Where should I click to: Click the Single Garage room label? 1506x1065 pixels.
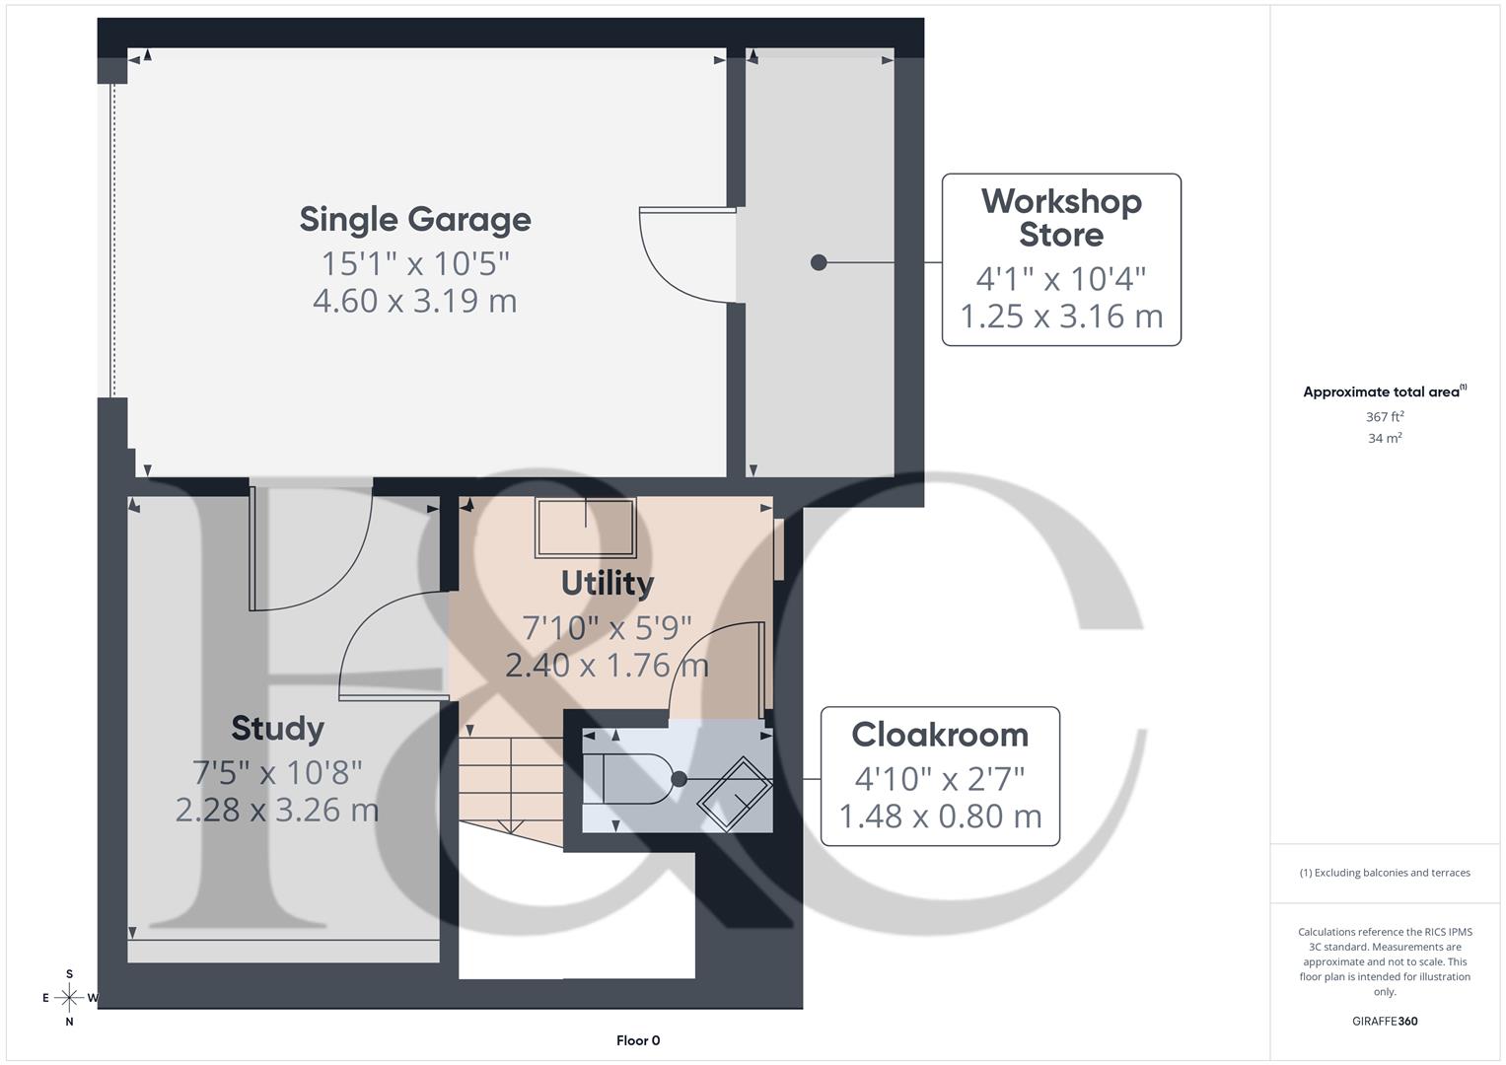(415, 219)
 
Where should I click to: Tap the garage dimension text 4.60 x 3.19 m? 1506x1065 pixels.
(415, 301)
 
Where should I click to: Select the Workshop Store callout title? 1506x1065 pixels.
(1061, 218)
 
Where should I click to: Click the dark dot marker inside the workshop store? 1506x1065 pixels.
(819, 262)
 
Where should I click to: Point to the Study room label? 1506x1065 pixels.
(277, 729)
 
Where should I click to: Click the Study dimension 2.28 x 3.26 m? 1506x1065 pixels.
(277, 810)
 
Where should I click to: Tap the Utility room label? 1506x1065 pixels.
(608, 583)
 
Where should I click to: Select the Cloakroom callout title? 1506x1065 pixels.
(940, 735)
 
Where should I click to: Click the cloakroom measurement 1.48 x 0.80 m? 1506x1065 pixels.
(940, 816)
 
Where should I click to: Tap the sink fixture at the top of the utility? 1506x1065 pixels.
(585, 527)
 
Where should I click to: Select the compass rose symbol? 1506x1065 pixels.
(69, 998)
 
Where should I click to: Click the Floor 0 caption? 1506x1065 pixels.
(638, 1040)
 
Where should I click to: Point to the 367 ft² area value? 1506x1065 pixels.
(1385, 417)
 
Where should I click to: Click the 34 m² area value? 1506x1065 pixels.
(1385, 439)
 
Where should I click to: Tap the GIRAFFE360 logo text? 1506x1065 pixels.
(1385, 1021)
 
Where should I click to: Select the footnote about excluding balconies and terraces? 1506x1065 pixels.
(1385, 873)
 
